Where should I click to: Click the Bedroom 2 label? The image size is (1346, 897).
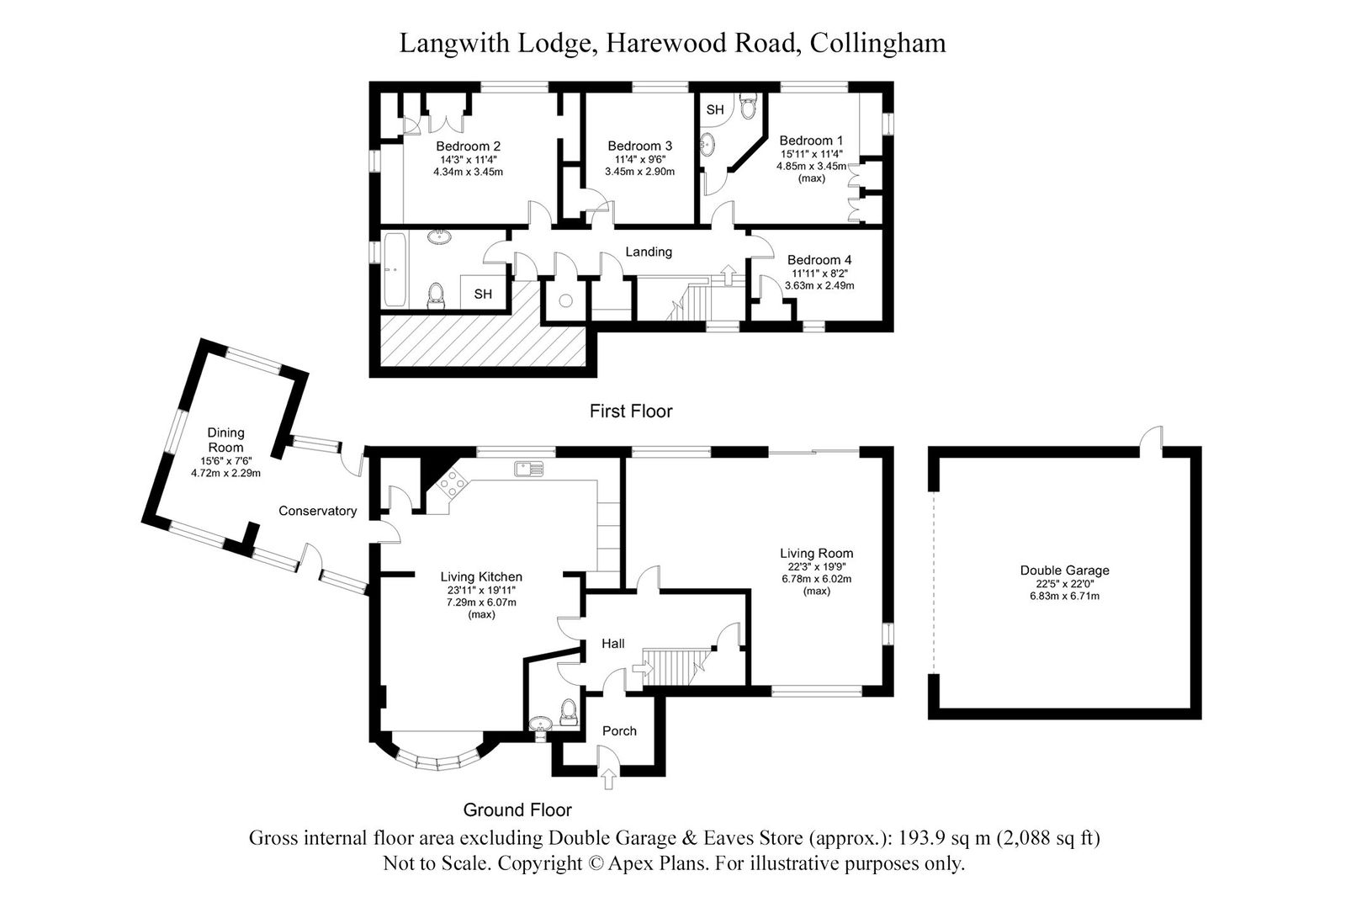pos(468,146)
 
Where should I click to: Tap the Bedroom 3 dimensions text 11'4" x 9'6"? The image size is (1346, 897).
pos(639,159)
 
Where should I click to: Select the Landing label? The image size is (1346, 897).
pos(649,252)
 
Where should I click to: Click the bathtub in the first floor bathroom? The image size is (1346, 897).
pos(395,269)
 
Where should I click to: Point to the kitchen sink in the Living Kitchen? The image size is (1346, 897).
pos(529,469)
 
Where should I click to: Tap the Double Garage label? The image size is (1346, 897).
pos(1065,570)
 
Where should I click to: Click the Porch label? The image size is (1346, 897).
pos(619,731)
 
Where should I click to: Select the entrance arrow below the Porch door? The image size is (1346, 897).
pos(609,778)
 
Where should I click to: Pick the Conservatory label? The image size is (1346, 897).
pos(317,511)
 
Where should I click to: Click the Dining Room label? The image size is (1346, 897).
pos(225,439)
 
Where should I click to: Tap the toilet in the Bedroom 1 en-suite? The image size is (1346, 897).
pos(748,106)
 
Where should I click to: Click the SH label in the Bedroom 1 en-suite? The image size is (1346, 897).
pos(714,110)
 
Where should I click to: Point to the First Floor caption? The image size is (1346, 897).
pos(630,411)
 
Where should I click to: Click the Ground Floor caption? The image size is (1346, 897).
pos(517,809)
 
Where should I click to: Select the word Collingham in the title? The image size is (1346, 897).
pos(877,43)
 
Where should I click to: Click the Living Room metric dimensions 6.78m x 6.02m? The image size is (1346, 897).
pos(816,579)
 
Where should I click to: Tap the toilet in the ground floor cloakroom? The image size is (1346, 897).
pos(567,711)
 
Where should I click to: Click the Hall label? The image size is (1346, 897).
pos(613,643)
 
